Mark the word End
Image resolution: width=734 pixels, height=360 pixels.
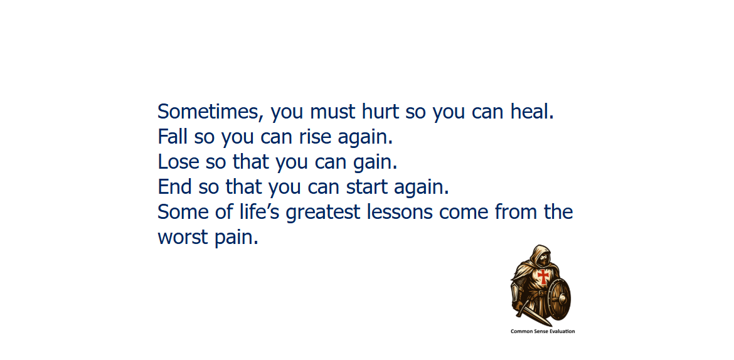tap(174, 187)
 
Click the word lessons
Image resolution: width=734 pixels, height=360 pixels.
tap(400, 212)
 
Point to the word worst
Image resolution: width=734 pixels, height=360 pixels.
tap(183, 237)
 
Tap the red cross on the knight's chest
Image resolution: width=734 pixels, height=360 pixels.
tap(543, 276)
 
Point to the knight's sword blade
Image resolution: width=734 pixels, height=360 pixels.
tap(538, 317)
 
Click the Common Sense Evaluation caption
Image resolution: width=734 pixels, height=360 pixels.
tap(543, 331)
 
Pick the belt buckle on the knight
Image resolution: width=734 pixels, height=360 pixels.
tap(541, 293)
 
